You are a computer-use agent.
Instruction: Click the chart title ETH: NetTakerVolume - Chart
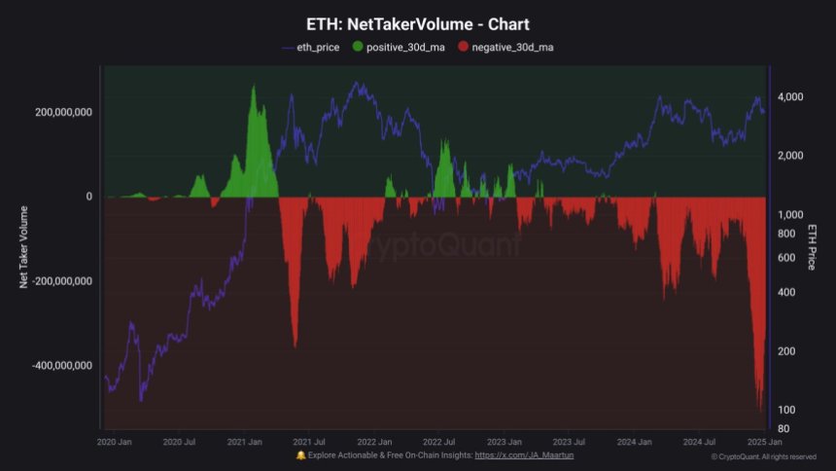tap(418, 24)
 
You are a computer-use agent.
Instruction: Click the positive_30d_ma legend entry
tap(400, 47)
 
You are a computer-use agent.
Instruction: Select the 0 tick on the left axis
tap(89, 197)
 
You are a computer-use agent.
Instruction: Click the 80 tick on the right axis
tap(784, 428)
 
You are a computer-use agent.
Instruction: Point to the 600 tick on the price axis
tap(785, 258)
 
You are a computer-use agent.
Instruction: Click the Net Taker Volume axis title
tap(24, 247)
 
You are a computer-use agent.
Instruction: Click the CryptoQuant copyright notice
tap(763, 456)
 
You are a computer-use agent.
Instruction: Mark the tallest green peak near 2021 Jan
tap(254, 88)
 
